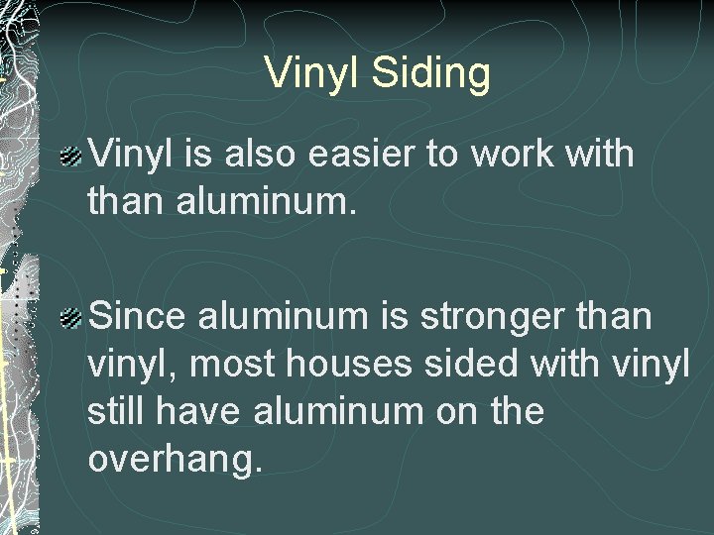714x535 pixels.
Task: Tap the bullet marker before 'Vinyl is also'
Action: click(70, 156)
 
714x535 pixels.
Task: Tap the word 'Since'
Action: click(139, 318)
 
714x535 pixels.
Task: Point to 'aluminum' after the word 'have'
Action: click(330, 410)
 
